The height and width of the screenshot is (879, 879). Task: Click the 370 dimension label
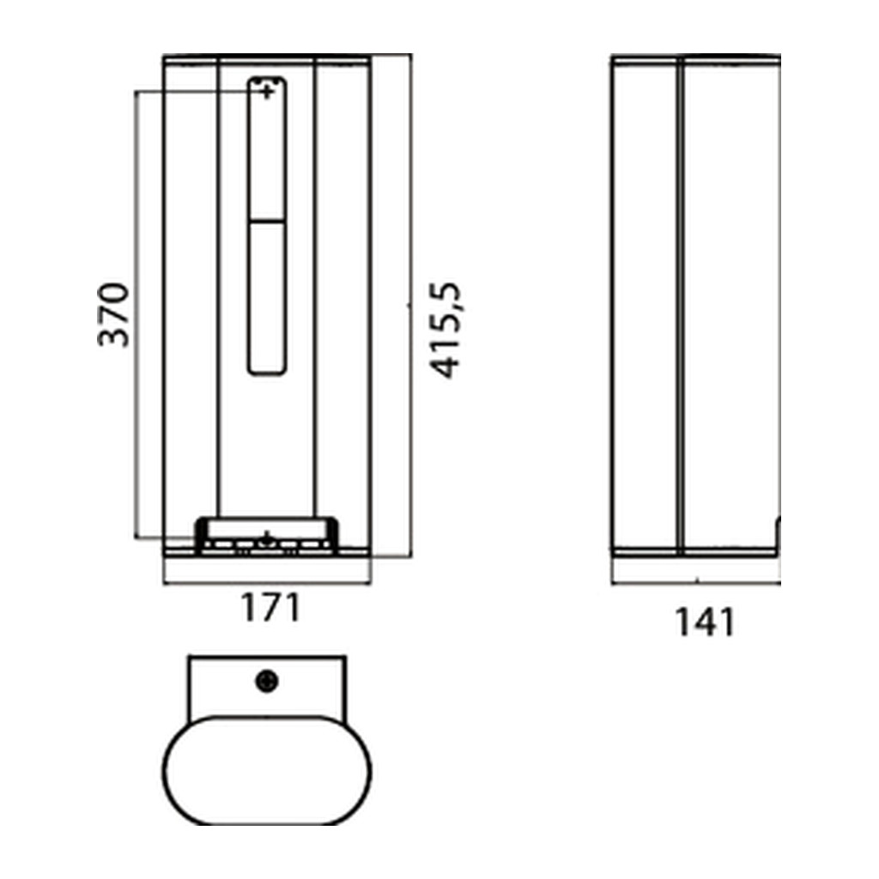[113, 315]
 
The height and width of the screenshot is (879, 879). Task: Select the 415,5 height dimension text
[446, 330]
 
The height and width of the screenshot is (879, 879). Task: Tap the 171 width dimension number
[271, 608]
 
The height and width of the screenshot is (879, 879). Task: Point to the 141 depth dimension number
[705, 622]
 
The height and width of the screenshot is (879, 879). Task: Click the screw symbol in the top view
[267, 681]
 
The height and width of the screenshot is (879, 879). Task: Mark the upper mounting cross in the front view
[268, 91]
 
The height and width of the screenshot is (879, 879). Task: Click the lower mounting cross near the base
[268, 539]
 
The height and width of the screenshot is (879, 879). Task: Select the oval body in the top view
[267, 770]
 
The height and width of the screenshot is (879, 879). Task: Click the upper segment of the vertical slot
[267, 149]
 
